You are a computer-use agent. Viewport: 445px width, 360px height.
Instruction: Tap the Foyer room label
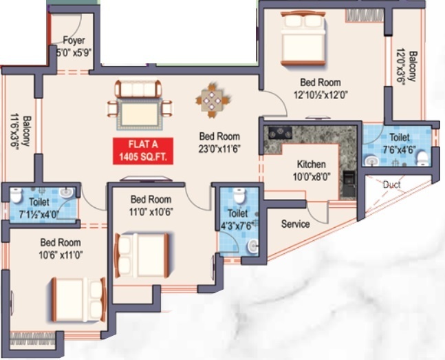pos(74,45)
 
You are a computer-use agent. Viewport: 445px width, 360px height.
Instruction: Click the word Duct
pos(391,184)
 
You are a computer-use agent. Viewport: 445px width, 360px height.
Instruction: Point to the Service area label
pos(295,224)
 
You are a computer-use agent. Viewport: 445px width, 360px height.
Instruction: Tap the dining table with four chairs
pos(211,98)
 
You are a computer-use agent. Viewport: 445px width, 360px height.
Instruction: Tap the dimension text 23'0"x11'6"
pos(219,147)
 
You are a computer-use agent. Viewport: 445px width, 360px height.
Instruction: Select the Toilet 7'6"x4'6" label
pos(399,142)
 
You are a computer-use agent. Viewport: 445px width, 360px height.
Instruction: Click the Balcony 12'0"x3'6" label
pos(405,66)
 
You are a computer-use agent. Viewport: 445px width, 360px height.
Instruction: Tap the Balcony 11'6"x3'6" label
pos(20,131)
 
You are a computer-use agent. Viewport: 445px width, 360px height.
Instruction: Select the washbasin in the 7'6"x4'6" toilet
pos(371,160)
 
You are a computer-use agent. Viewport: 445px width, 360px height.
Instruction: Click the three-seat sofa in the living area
pos(138,87)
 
